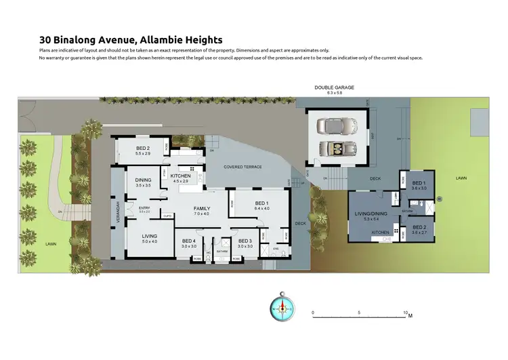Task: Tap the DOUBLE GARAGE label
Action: tap(334, 87)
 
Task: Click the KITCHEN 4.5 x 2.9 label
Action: tap(181, 178)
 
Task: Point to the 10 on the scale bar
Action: tap(406, 313)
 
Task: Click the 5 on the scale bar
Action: tap(359, 313)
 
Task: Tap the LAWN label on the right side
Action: tap(461, 178)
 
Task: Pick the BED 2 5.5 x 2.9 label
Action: tap(142, 150)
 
